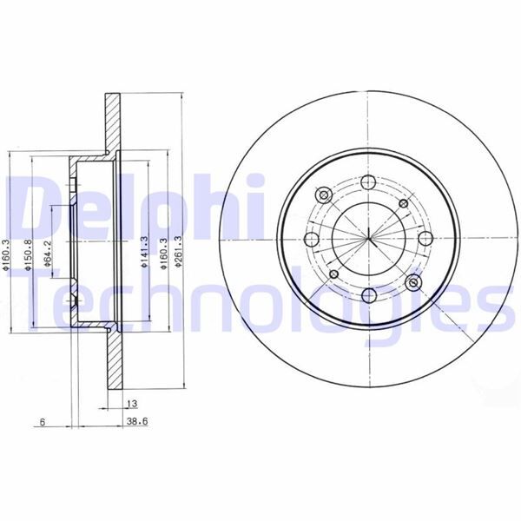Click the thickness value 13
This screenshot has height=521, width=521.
[131, 405]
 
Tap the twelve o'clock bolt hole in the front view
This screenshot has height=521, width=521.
[367, 182]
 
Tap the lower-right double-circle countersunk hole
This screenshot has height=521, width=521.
[413, 283]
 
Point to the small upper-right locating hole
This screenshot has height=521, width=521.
[403, 203]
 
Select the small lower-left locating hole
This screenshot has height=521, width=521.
[333, 274]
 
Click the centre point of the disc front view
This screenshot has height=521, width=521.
[367, 238]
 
